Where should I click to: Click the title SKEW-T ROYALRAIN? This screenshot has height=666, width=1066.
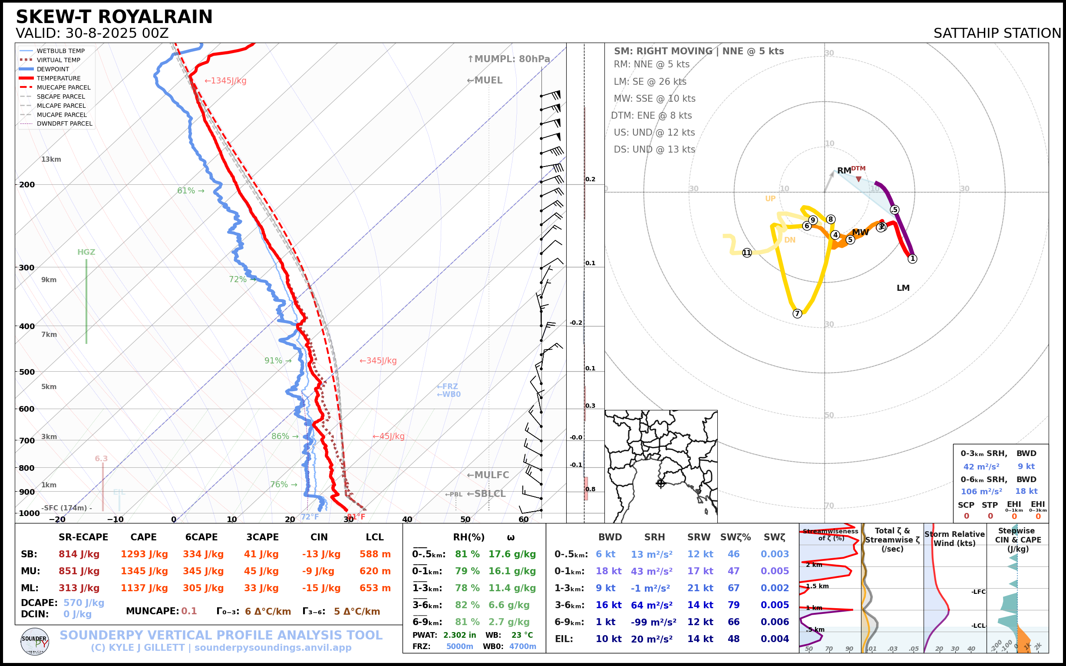pyautogui.click(x=114, y=17)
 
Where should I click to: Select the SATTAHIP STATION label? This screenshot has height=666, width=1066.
pyautogui.click(x=997, y=33)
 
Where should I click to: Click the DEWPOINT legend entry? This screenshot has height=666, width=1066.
pyautogui.click(x=53, y=69)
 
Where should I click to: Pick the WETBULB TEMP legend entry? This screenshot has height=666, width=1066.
pyautogui.click(x=60, y=51)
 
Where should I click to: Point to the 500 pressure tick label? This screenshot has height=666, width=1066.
pyautogui.click(x=27, y=372)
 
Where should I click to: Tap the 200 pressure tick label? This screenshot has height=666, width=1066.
pyautogui.click(x=27, y=185)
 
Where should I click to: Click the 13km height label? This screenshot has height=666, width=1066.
pyautogui.click(x=51, y=160)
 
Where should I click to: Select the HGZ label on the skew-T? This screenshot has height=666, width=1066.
pyautogui.click(x=86, y=252)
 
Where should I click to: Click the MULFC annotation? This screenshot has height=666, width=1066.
pyautogui.click(x=488, y=475)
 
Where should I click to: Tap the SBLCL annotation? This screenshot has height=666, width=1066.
pyautogui.click(x=486, y=494)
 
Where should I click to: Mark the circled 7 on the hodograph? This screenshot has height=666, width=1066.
pyautogui.click(x=797, y=313)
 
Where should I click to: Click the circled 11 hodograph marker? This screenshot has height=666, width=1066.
pyautogui.click(x=747, y=253)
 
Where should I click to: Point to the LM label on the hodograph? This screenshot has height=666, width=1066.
pyautogui.click(x=903, y=288)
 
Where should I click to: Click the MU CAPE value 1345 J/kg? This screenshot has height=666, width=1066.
pyautogui.click(x=144, y=571)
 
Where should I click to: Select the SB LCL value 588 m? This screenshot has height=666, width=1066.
pyautogui.click(x=375, y=554)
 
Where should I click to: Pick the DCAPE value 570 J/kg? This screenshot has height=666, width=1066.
pyautogui.click(x=84, y=603)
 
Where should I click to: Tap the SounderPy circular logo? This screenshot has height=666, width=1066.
pyautogui.click(x=35, y=641)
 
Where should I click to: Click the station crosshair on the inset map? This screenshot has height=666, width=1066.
pyautogui.click(x=661, y=483)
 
